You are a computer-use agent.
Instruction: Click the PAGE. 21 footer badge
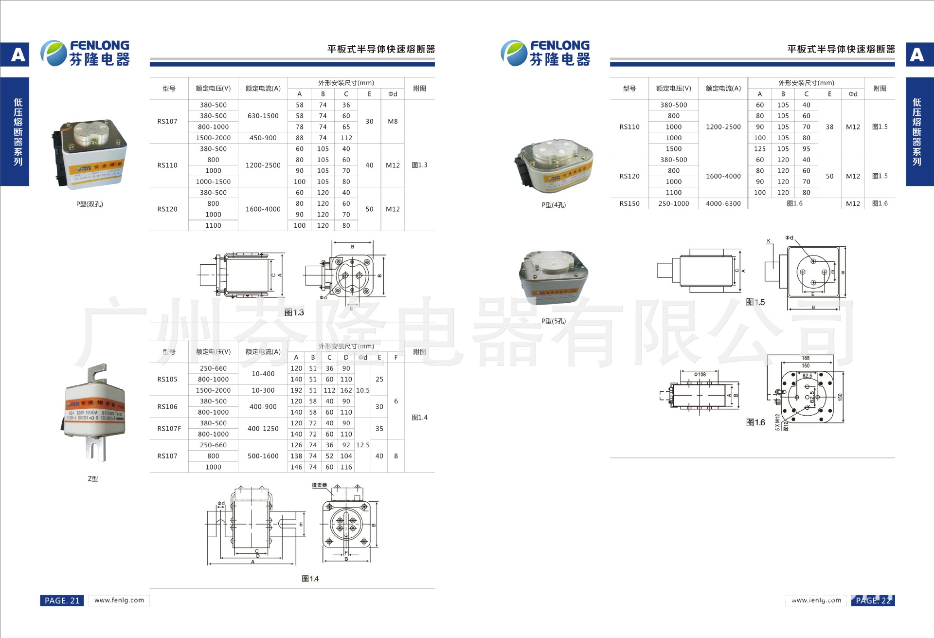point(62,601)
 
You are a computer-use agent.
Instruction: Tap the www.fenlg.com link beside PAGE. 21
point(119,600)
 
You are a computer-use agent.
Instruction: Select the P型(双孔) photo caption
point(90,204)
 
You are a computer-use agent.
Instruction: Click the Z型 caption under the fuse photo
point(92,479)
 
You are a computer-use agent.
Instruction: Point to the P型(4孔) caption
point(554,205)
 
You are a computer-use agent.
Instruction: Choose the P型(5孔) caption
point(554,321)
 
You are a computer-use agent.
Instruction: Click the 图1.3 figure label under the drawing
point(294,312)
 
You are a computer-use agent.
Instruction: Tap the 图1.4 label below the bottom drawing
point(310,579)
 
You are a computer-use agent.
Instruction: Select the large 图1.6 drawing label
point(755,422)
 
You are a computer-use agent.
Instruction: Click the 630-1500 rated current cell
point(263,116)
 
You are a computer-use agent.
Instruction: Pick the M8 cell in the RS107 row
point(393,121)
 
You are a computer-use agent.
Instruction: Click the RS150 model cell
point(629,203)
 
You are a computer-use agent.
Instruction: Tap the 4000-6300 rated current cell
point(723,203)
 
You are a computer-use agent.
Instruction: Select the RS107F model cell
point(169,429)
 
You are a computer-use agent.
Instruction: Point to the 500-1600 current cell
point(263,456)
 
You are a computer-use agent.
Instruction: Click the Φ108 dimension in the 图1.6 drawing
point(700,374)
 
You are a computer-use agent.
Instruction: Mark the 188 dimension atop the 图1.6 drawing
point(806,358)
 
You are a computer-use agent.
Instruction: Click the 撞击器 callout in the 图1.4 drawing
point(319,485)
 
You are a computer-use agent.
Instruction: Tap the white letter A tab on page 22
point(917,55)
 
